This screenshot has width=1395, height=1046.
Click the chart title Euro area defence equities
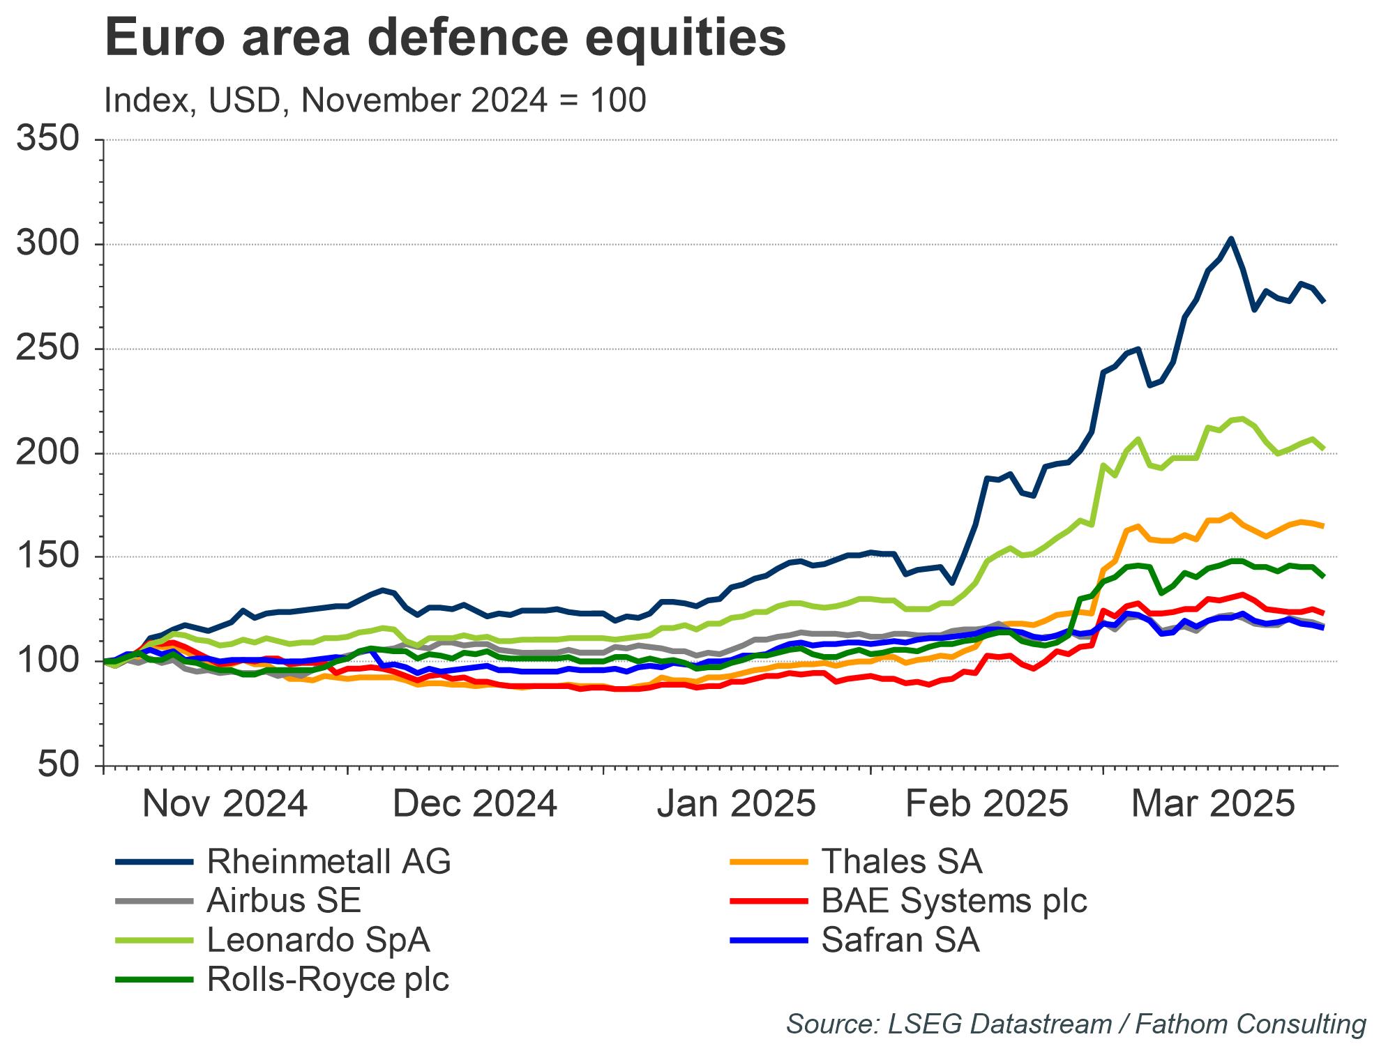click(445, 38)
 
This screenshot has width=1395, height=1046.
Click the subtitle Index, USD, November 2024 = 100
click(375, 101)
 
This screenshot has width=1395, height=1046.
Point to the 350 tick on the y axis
click(47, 139)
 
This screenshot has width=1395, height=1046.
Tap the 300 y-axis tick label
click(47, 244)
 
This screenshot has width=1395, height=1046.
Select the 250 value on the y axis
click(47, 349)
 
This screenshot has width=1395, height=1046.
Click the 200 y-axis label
click(47, 453)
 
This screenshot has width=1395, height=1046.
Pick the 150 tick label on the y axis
click(47, 556)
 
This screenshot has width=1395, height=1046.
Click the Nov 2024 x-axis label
click(225, 804)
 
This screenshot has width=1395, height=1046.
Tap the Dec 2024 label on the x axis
click(475, 804)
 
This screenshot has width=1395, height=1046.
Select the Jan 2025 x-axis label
click(736, 804)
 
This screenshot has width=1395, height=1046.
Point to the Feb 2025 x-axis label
click(986, 804)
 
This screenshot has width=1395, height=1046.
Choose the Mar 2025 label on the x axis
click(1212, 804)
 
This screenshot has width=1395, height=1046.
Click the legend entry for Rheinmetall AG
click(329, 862)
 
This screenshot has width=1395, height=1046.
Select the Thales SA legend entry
click(901, 862)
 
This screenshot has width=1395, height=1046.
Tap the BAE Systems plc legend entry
click(953, 901)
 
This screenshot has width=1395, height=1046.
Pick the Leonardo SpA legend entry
click(318, 940)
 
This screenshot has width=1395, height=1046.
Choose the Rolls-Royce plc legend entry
click(328, 979)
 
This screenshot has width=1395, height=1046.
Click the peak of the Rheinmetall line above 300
click(1231, 238)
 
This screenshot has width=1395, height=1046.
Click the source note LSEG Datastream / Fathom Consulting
click(1076, 1024)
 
